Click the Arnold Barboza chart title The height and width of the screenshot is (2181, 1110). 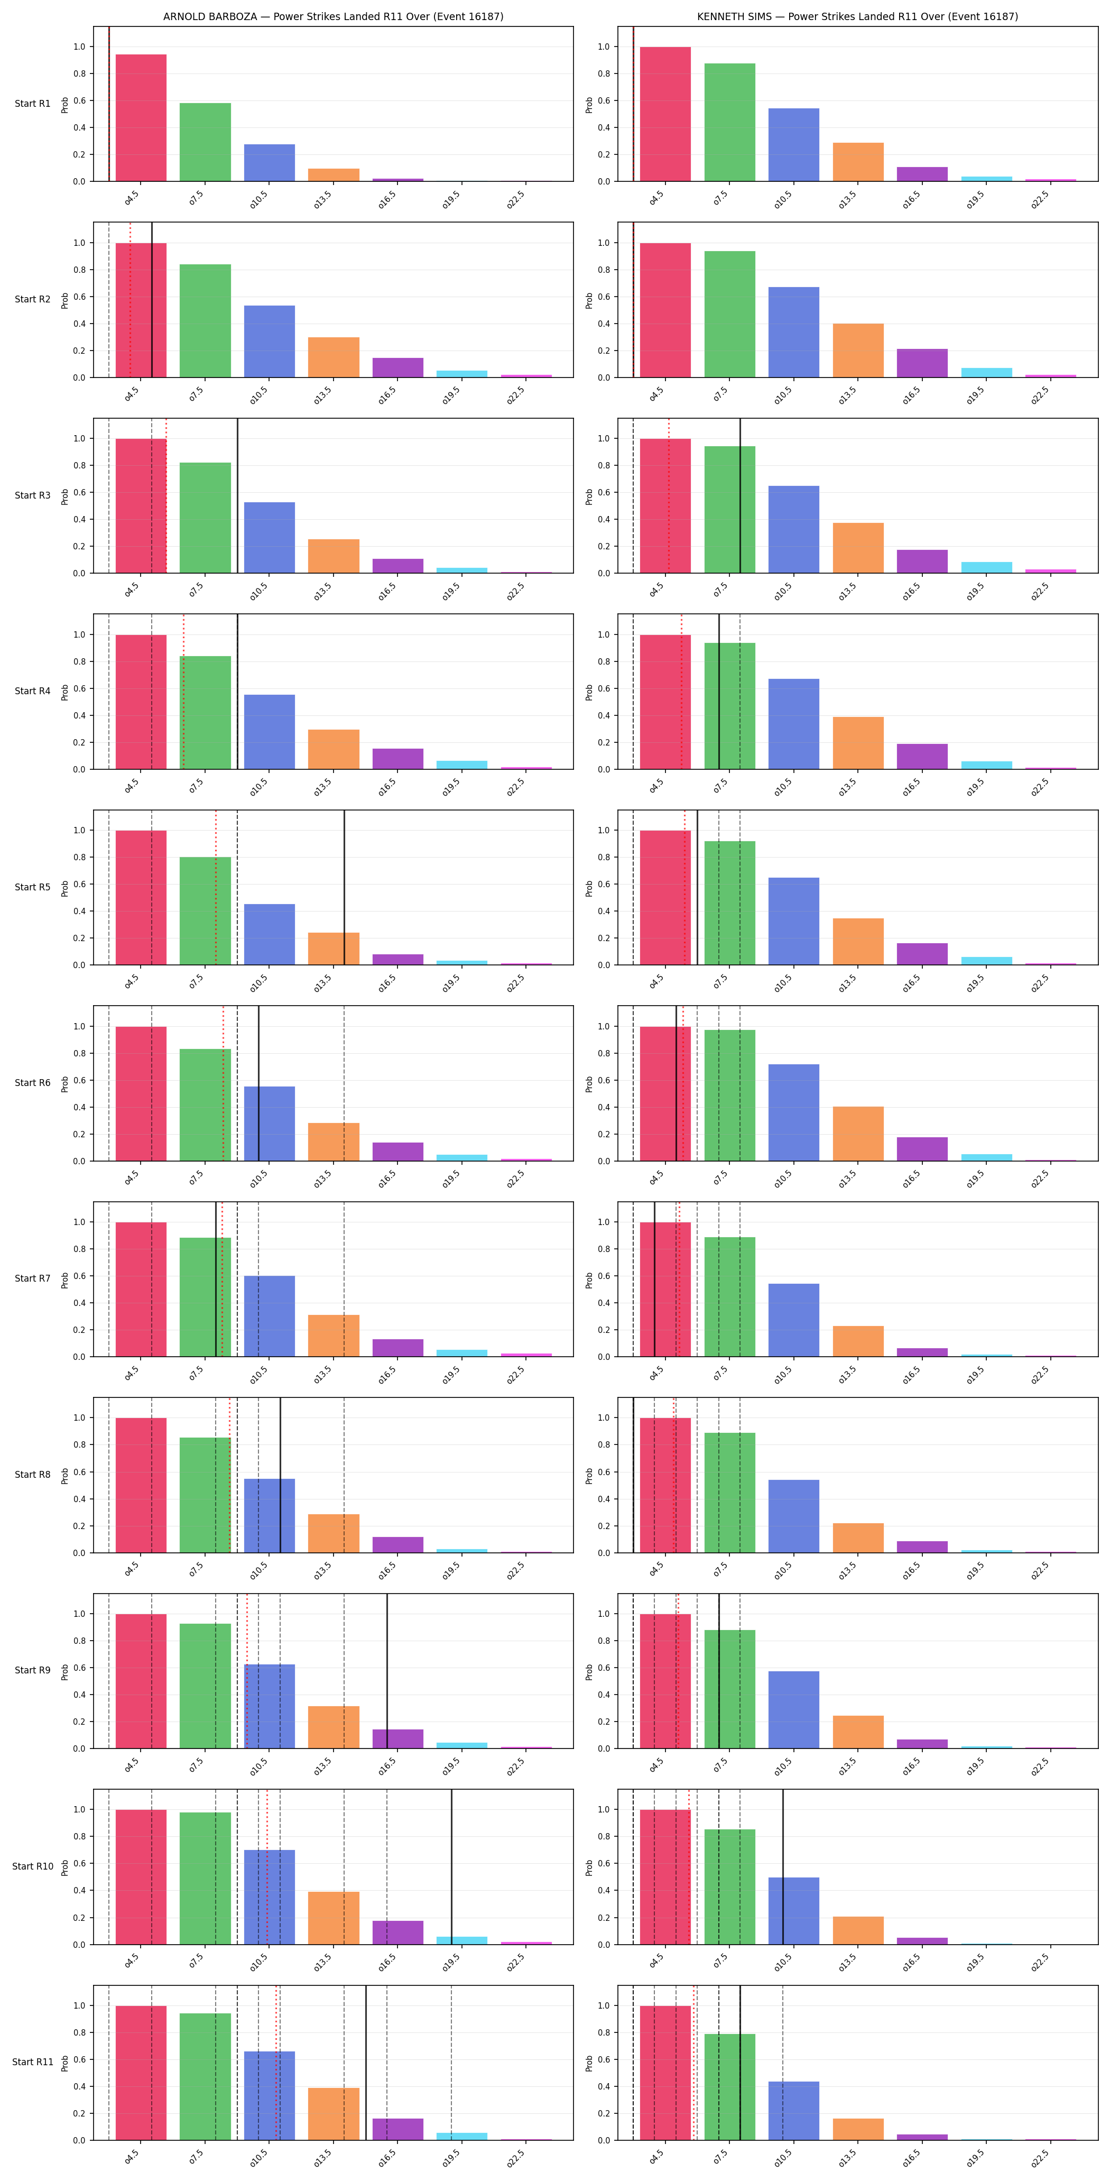(x=333, y=16)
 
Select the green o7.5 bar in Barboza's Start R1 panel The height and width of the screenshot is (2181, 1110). (x=205, y=142)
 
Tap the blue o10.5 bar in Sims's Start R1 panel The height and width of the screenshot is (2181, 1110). (x=793, y=145)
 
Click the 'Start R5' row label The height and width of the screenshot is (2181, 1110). (x=32, y=887)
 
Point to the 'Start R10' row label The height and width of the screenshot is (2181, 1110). (x=32, y=1866)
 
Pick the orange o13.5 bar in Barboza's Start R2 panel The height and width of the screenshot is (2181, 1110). (x=334, y=357)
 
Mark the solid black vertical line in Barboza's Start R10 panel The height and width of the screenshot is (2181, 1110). (x=451, y=1867)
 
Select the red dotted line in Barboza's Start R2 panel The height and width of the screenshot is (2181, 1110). (x=131, y=300)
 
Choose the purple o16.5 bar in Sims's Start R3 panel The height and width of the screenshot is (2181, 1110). (x=922, y=562)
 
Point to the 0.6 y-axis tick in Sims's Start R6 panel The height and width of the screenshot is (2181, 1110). (x=603, y=1080)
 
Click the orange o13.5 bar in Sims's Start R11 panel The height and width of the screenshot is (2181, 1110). (x=858, y=2129)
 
